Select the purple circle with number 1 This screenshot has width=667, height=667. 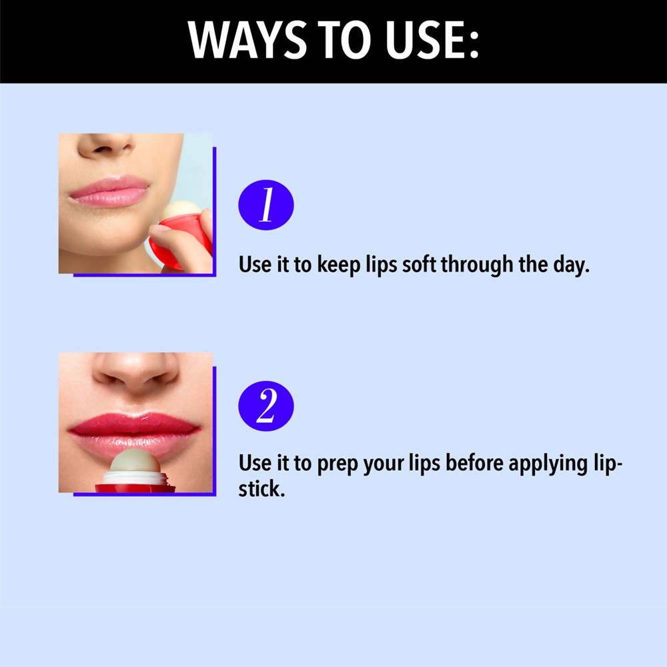266,205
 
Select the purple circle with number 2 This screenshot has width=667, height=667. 266,406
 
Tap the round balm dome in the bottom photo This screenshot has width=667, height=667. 133,462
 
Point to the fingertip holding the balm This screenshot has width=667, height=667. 160,231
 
